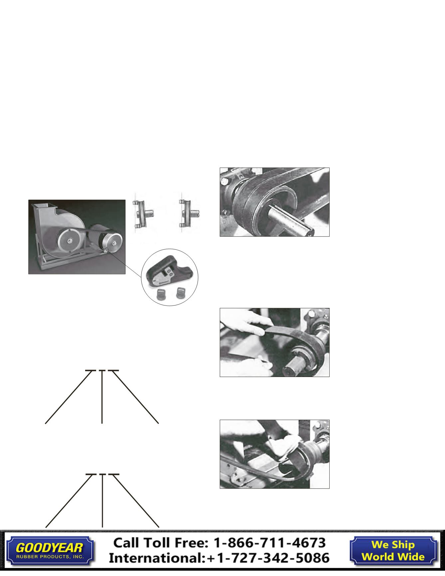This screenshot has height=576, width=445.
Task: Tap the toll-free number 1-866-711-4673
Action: [269, 543]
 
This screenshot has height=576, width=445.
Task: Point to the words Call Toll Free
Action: [162, 543]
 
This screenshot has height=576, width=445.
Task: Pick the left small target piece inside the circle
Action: [161, 294]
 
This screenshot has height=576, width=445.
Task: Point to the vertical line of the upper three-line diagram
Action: [102, 397]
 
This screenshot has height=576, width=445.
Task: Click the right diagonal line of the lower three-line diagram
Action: [135, 500]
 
